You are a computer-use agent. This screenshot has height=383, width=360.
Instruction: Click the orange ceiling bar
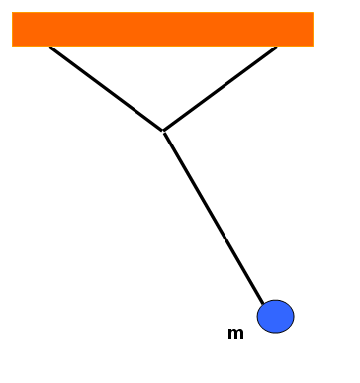coord(162,29)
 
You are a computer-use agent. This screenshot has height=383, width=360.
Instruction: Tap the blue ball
coord(276,317)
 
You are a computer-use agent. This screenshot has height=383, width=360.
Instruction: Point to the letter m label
coord(235,334)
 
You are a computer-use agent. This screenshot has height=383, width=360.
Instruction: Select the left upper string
coord(106,89)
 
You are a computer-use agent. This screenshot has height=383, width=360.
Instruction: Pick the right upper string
coord(220,89)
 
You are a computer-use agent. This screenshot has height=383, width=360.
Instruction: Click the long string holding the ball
coord(214,219)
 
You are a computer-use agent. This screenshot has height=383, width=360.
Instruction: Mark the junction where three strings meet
coord(163,132)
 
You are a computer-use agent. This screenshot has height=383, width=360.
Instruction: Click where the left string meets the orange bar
coord(49,47)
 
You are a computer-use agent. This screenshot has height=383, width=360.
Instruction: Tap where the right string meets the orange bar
coord(277,47)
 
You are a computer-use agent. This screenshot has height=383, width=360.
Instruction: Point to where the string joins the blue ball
coord(263,304)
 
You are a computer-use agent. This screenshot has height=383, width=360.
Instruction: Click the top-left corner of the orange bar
coord(12,12)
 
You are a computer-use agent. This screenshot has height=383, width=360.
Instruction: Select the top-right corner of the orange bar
coord(314,12)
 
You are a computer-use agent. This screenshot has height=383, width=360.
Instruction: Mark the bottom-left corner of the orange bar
coord(12,47)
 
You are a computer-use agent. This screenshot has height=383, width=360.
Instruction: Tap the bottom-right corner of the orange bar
coord(314,47)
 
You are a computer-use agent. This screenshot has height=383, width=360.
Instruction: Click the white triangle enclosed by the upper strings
coord(163,76)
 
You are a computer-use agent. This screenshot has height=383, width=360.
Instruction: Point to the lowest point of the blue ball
coord(276,333)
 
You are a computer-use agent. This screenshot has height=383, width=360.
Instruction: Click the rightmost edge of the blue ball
coord(294,317)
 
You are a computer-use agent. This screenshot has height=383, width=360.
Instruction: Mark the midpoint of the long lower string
coord(214,219)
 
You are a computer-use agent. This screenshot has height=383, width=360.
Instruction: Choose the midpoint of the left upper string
coord(106,89)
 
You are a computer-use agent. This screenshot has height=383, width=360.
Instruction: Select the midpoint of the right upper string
coord(220,89)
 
